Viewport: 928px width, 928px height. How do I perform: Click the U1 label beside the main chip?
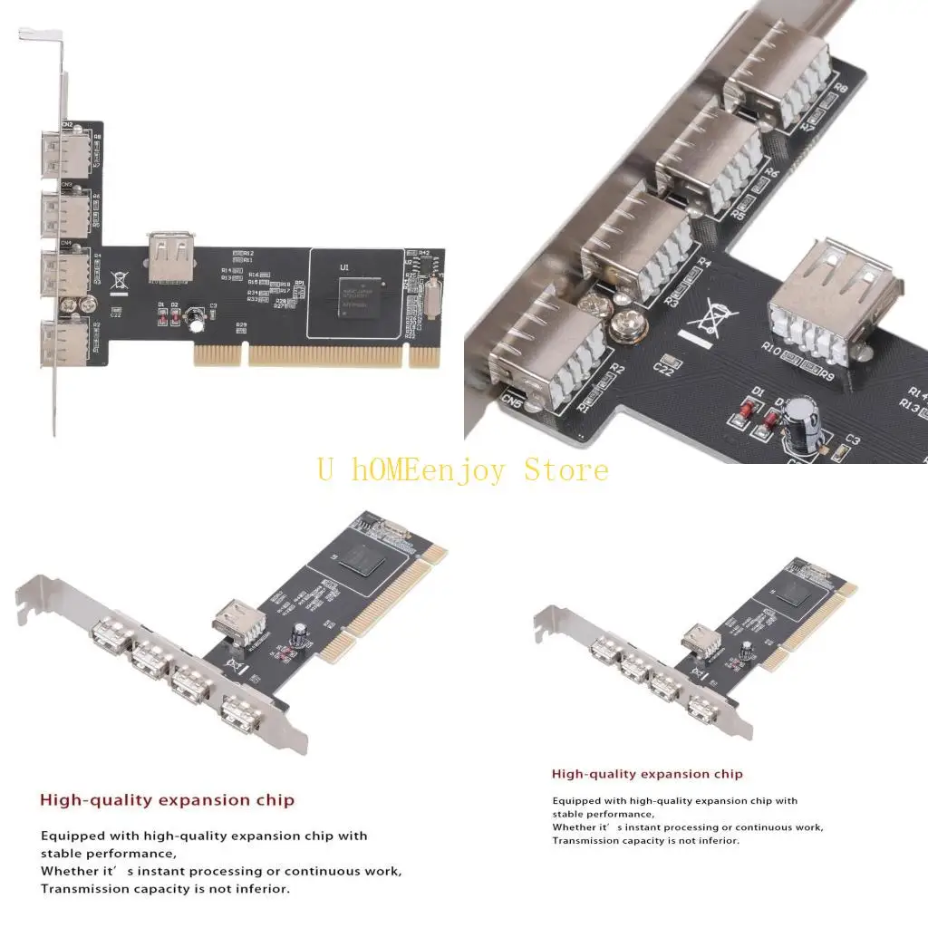[344, 267]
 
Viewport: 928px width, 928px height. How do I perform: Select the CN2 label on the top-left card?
[67, 124]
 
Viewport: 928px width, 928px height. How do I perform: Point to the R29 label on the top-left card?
[241, 324]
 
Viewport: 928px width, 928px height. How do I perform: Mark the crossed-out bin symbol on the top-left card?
[118, 282]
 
